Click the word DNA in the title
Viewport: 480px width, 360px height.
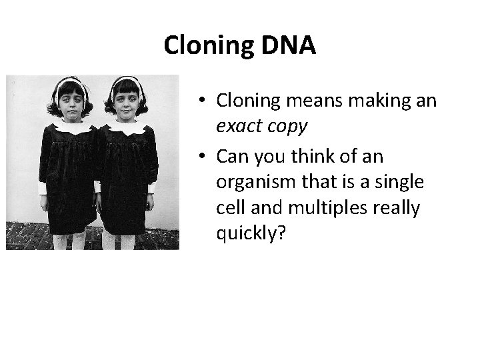click(x=288, y=45)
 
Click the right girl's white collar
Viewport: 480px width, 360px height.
click(x=129, y=127)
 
